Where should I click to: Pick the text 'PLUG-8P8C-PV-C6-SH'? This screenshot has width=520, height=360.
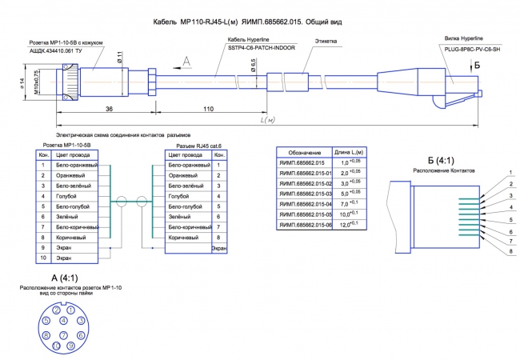pyautogui.click(x=472, y=49)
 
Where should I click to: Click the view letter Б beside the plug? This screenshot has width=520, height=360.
pyautogui.click(x=478, y=64)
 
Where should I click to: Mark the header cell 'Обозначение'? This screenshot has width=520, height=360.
pyautogui.click(x=305, y=152)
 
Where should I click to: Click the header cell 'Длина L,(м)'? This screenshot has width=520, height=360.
pyautogui.click(x=349, y=152)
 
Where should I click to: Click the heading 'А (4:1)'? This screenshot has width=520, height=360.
pyautogui.click(x=63, y=278)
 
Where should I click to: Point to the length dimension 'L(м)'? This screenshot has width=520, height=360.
pyautogui.click(x=268, y=119)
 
